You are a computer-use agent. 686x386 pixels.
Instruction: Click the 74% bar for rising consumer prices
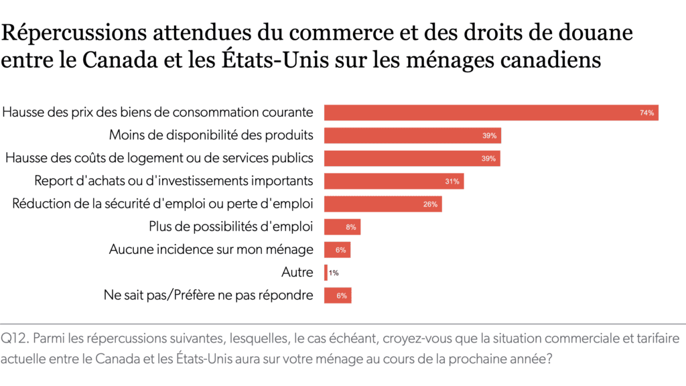coord(491,113)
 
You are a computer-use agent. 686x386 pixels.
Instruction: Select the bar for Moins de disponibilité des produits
coord(413,135)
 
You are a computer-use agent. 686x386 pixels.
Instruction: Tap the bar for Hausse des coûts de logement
coord(412,158)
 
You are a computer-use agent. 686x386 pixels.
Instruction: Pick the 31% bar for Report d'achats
coord(394,181)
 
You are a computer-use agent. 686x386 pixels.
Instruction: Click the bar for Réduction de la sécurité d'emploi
coord(383,204)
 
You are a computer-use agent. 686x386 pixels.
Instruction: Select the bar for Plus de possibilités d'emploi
coord(342,227)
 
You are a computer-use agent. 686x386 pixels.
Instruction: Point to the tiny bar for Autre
coord(326,273)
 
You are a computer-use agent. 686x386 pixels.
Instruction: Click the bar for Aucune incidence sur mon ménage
coord(338,250)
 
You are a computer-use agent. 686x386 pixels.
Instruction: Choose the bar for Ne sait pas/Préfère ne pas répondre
coord(338,296)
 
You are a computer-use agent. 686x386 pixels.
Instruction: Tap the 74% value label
coord(646,113)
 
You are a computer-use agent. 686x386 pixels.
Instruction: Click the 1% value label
coord(334,273)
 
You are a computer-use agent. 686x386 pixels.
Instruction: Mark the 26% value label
coord(430,204)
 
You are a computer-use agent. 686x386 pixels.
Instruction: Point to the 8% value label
coord(351,227)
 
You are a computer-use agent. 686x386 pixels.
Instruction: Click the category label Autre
coord(297,272)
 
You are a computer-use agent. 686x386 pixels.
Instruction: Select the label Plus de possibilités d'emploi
coord(231,227)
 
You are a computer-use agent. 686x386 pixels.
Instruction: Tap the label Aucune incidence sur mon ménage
coord(211,249)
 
